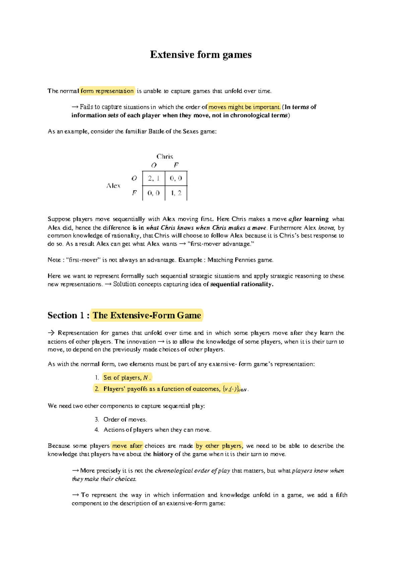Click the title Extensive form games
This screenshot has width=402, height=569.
point(201,55)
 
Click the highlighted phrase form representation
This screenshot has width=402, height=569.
point(107,91)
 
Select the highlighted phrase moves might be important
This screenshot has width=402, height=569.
point(244,107)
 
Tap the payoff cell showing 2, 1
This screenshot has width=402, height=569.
point(154,178)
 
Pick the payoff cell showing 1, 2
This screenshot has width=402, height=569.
point(176,193)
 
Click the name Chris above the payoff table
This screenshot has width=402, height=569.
point(164,156)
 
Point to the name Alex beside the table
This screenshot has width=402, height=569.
point(113,186)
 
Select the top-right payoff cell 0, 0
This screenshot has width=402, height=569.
point(176,178)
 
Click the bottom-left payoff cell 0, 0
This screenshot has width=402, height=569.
point(154,193)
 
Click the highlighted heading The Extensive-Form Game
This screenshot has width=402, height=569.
point(147,315)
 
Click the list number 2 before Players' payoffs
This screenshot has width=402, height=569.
point(97,389)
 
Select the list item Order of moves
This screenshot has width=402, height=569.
point(125,419)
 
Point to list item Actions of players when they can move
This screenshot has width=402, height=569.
point(157,430)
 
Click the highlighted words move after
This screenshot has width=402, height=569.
point(127,446)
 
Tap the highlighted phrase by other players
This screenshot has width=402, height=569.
point(219,446)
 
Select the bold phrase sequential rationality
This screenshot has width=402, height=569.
point(242,284)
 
